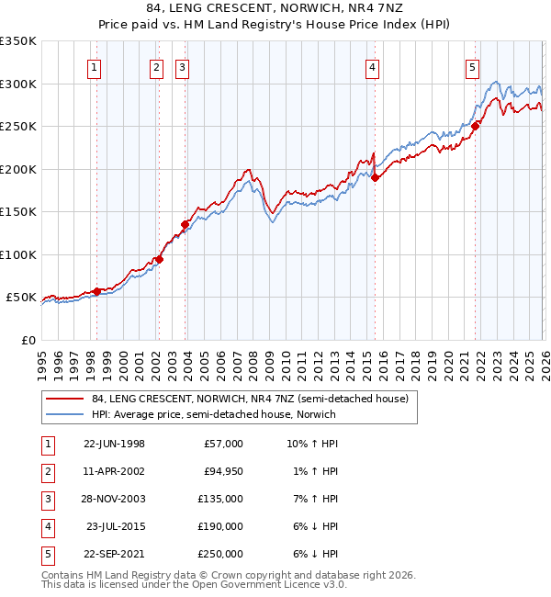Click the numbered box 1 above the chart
click(96, 67)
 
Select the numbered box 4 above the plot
click(373, 67)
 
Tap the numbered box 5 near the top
click(472, 67)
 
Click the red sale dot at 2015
click(375, 178)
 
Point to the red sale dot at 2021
click(475, 127)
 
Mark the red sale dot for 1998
click(96, 292)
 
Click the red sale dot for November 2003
click(185, 224)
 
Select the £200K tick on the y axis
click(18, 169)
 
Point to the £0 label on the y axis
click(28, 340)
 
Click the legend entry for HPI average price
click(213, 414)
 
